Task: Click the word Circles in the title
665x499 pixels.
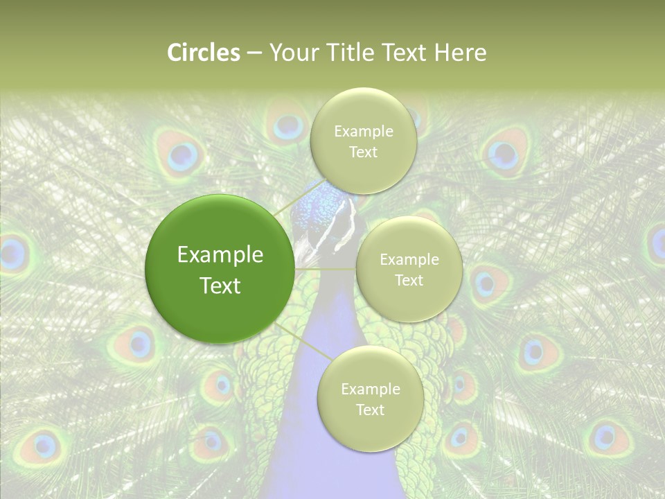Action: point(203,53)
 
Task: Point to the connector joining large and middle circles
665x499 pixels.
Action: point(326,269)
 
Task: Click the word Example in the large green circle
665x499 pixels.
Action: point(220,255)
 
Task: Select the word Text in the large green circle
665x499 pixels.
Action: point(220,286)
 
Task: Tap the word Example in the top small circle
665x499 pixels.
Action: point(364,132)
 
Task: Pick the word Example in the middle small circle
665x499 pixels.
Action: point(409,260)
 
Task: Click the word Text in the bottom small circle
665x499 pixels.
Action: point(370,410)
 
